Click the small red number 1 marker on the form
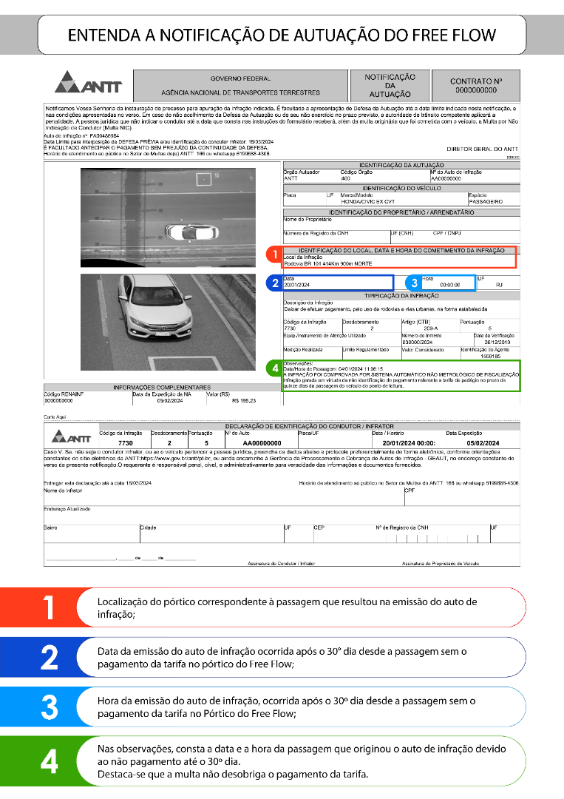pos(274,254)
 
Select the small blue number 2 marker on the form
pos(274,283)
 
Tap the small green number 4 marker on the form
pos(274,367)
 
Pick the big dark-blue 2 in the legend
pos(49,656)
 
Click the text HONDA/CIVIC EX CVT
pos(367,200)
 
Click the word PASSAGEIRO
pos(486,200)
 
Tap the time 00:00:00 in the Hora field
pos(449,285)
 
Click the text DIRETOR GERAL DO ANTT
pos(483,149)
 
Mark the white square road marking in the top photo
pos(203,178)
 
